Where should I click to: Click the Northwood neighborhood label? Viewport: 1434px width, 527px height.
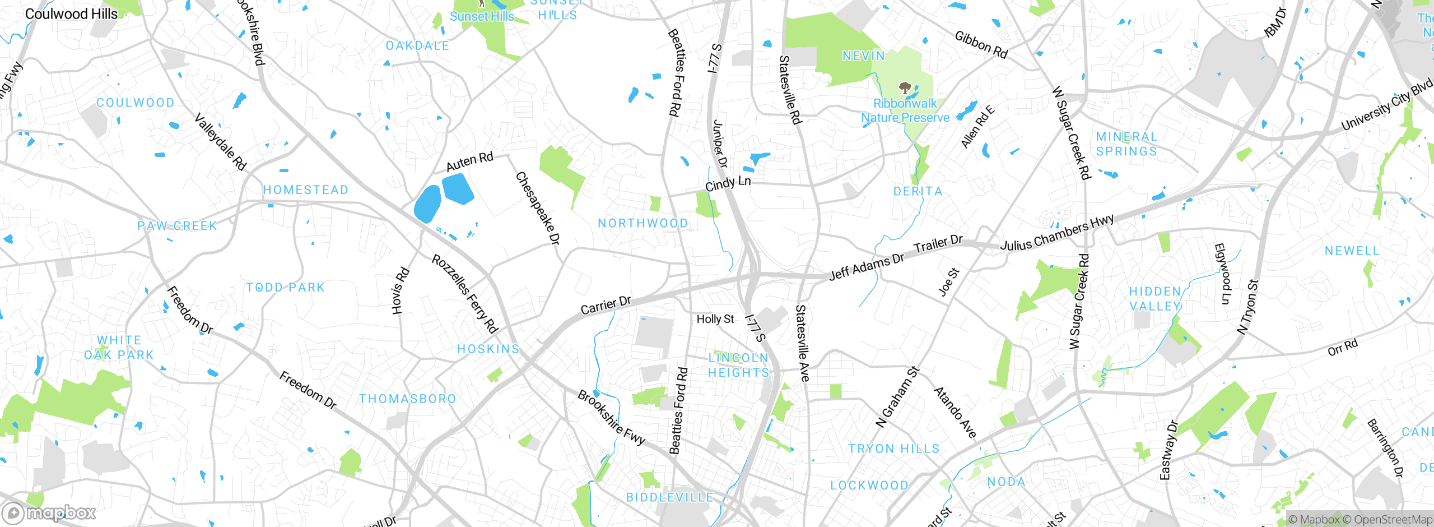[642, 223]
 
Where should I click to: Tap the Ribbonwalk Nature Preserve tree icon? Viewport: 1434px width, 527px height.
[904, 87]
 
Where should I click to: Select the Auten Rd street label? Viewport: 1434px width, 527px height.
[469, 161]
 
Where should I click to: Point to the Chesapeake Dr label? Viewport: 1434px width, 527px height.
[537, 208]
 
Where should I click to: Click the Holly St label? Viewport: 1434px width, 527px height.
[715, 319]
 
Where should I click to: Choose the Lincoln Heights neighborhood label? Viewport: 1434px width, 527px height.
[738, 365]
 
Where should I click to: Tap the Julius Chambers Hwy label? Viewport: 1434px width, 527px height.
[1057, 233]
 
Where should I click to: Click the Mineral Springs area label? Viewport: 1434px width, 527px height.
[1126, 144]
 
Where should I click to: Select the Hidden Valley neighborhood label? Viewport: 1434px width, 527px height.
[1155, 299]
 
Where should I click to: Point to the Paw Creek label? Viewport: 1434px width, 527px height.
[177, 226]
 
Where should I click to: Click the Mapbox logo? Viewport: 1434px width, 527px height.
[49, 512]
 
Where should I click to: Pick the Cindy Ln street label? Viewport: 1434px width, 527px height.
[728, 183]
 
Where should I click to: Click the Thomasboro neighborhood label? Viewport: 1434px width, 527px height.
[407, 399]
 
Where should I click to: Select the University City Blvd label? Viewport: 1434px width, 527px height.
[1386, 105]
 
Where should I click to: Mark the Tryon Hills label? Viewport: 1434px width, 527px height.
[893, 449]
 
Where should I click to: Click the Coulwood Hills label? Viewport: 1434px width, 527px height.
[71, 14]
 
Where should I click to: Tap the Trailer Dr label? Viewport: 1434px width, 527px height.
[938, 244]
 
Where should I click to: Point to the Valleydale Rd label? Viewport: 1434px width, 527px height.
[220, 141]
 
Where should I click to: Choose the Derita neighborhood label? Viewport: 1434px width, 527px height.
[918, 191]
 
